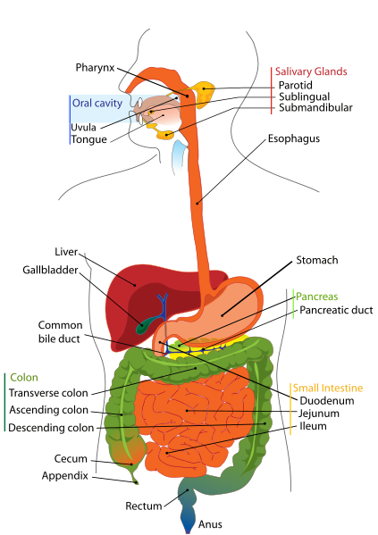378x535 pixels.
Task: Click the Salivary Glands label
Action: click(311, 71)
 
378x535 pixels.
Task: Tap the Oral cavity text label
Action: click(96, 102)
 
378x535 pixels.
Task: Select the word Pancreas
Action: click(317, 297)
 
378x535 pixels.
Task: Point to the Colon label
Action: click(24, 377)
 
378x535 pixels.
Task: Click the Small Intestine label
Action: click(327, 389)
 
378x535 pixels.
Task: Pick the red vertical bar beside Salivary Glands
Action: click(272, 89)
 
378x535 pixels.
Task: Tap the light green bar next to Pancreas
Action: click(292, 304)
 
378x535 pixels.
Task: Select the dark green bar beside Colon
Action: click(4, 402)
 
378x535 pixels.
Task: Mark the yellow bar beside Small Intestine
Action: click(290, 409)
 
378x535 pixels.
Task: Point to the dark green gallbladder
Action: click(143, 322)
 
